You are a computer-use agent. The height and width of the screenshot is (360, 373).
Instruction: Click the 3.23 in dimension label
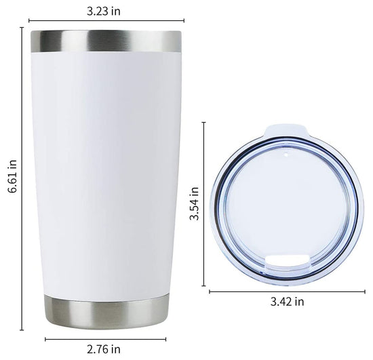coord(104,11)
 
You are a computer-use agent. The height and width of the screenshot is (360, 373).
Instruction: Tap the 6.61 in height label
coord(12,176)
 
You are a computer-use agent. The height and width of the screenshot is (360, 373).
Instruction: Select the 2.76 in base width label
coord(104,349)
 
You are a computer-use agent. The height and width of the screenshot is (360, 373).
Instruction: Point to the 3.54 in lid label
coord(194,203)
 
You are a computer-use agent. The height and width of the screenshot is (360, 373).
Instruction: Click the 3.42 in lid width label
coord(287,302)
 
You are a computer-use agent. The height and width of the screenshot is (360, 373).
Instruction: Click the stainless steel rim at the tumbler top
coord(106,41)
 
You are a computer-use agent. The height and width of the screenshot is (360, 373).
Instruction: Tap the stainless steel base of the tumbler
coord(106,311)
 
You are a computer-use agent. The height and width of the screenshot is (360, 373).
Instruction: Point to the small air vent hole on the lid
coord(286,155)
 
